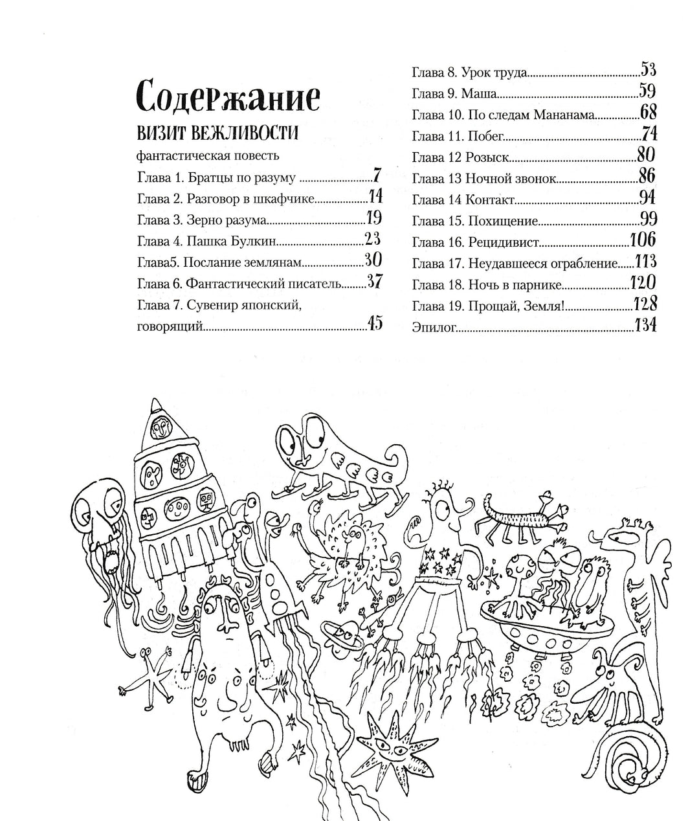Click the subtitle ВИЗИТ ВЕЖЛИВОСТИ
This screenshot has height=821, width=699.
pyautogui.click(x=217, y=133)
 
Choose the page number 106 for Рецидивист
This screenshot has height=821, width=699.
pyautogui.click(x=643, y=240)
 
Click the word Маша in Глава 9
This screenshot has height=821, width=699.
pyautogui.click(x=478, y=93)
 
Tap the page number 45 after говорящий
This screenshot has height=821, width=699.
pyautogui.click(x=375, y=323)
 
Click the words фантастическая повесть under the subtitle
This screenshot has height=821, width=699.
pyautogui.click(x=208, y=155)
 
